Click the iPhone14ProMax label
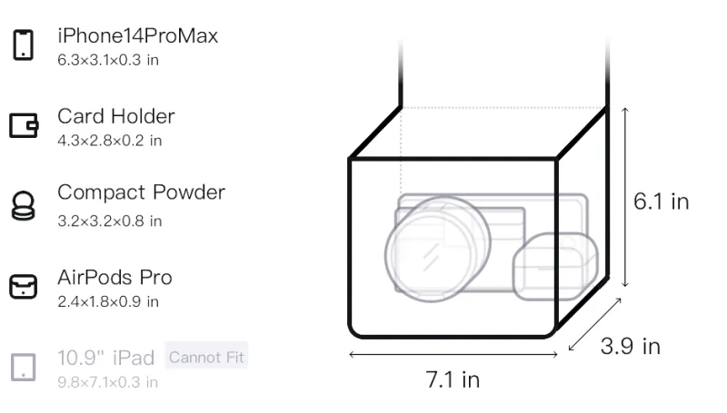(x=138, y=36)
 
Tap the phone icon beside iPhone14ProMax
(x=24, y=44)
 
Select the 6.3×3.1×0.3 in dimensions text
(x=108, y=60)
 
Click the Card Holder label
(x=116, y=116)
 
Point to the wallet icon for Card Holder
(x=24, y=125)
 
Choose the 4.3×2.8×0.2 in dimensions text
(x=109, y=141)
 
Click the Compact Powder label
(x=141, y=192)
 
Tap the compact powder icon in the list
(x=24, y=205)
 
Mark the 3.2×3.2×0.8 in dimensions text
(x=109, y=221)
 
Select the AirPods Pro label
(x=115, y=278)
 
